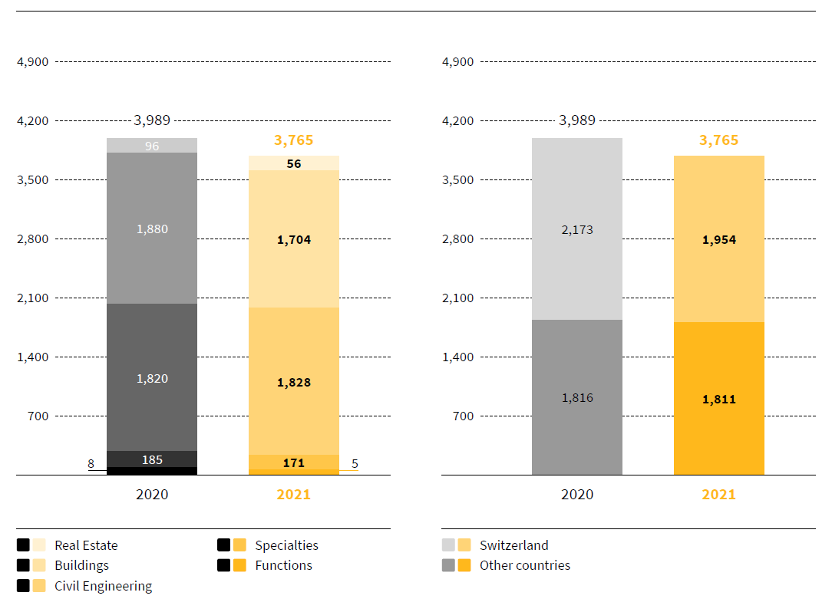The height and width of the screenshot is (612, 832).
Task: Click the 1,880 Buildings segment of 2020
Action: click(x=152, y=229)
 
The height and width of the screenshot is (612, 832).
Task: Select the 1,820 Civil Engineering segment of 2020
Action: click(x=152, y=378)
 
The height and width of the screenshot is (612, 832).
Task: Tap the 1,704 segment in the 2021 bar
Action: click(x=294, y=239)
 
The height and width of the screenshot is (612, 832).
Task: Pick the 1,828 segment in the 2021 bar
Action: click(x=294, y=382)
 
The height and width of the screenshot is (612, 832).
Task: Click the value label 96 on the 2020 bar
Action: click(x=152, y=146)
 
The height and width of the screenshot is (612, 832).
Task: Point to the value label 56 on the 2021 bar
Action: click(x=294, y=163)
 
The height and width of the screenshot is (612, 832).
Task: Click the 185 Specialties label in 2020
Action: click(x=152, y=460)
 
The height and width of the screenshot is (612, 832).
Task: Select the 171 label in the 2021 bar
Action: click(x=294, y=462)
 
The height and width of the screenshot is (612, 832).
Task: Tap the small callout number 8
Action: click(x=91, y=463)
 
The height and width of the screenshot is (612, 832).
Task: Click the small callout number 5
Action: click(x=355, y=463)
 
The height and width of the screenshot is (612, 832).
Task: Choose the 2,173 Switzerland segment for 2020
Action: click(x=577, y=229)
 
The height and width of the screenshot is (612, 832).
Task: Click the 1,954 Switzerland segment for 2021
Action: click(x=719, y=239)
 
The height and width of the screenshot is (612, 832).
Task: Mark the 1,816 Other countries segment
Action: click(x=577, y=397)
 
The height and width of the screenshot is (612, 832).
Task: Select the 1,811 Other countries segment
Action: click(x=719, y=399)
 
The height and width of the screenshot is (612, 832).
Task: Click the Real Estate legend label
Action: click(x=86, y=545)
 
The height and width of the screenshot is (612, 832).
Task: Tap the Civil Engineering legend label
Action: click(x=103, y=586)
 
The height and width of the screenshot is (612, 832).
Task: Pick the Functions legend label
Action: click(x=283, y=565)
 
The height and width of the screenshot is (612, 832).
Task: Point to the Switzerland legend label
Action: click(x=513, y=545)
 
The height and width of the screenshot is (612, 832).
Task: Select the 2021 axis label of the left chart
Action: click(x=294, y=495)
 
